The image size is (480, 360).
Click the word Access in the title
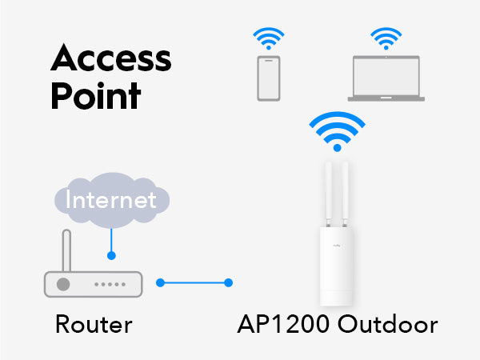point(111,58)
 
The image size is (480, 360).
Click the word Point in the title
point(96,96)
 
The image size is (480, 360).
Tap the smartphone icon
point(269,78)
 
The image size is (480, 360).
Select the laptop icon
point(386,78)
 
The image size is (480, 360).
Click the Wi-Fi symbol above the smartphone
point(269,38)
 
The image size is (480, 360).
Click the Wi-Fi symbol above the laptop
point(386,38)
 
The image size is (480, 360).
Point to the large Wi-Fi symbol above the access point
point(337,132)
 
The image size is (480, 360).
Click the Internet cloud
point(112,200)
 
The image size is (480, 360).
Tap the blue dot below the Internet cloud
point(111,255)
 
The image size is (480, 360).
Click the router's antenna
point(66,250)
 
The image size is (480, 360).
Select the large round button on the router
point(63,284)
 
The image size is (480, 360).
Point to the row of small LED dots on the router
point(110,284)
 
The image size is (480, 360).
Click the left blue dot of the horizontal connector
point(161,282)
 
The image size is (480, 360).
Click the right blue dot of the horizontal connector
point(228,282)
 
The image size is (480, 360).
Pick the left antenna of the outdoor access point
point(328,194)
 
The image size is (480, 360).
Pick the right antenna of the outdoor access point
point(345,194)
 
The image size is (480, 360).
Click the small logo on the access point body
point(337,246)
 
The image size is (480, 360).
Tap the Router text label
point(94,324)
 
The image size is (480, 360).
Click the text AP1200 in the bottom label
point(283,324)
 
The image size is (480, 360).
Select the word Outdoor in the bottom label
point(387,324)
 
